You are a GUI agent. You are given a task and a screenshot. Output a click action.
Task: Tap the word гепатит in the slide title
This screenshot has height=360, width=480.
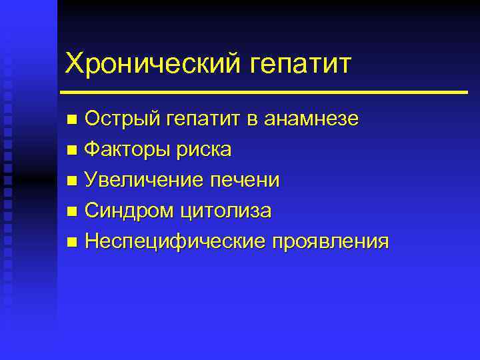[x=300, y=65]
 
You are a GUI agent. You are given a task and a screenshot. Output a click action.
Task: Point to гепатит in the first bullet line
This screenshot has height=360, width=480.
[x=206, y=120]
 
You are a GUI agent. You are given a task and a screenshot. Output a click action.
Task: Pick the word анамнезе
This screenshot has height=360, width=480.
[x=312, y=119]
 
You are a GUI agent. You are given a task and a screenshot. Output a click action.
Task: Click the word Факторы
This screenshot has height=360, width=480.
[x=127, y=150]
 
